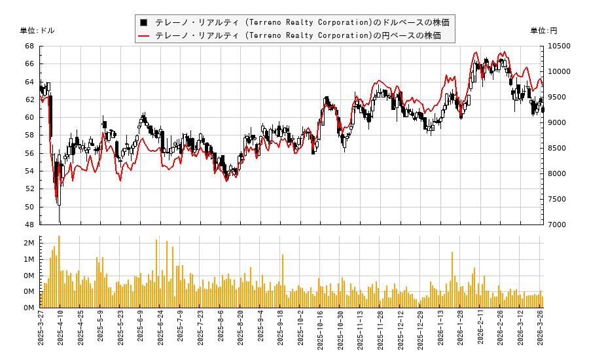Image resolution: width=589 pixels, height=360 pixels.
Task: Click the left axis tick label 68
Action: point(29,46)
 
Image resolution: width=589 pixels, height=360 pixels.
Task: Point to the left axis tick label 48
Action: point(29,225)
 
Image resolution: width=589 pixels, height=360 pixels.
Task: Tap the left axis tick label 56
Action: point(29,153)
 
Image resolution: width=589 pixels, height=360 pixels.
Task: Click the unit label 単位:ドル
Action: point(37,31)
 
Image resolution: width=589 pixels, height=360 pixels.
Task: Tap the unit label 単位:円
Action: point(544,31)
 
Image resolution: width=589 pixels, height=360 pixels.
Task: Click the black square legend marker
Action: point(143,22)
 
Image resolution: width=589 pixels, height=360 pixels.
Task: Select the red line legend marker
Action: point(143,35)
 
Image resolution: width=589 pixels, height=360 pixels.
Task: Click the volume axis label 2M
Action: point(29,243)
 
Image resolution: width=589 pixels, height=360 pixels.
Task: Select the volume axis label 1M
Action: point(29,259)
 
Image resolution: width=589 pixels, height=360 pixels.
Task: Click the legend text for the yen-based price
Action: point(298,35)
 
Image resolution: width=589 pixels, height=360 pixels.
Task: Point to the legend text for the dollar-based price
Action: point(298,22)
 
